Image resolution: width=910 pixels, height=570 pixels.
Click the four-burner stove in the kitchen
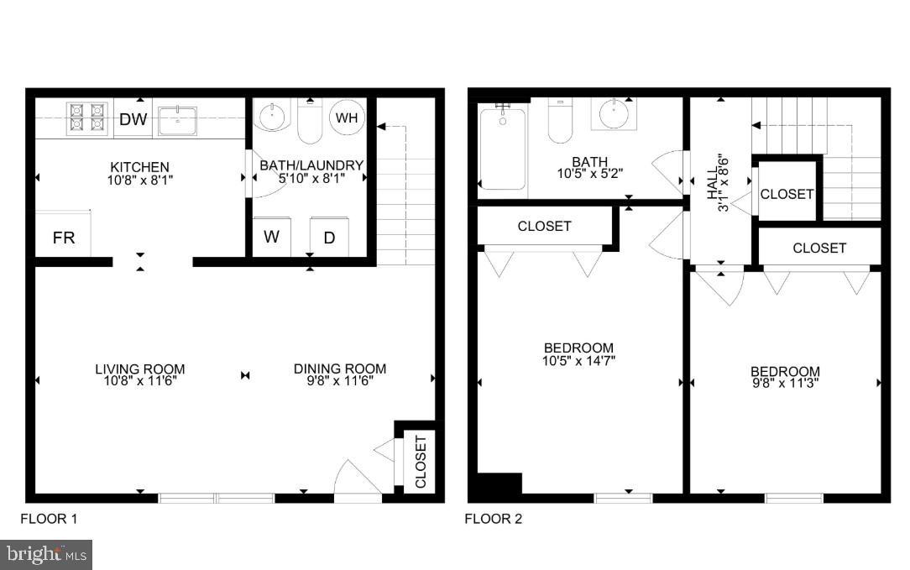tap(87, 118)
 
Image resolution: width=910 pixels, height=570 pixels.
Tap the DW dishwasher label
tap(133, 119)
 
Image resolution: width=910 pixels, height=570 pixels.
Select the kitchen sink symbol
tap(177, 120)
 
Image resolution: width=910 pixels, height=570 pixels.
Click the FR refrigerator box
tap(64, 238)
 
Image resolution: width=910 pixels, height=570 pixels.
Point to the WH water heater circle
tap(347, 118)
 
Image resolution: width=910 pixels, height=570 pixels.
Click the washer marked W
tap(271, 237)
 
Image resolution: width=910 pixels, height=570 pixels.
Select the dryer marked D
tap(329, 238)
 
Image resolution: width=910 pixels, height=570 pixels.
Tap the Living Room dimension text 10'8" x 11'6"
tap(139, 380)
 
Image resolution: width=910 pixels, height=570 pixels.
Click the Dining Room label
tap(339, 369)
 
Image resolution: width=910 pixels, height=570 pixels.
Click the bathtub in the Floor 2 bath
tap(503, 148)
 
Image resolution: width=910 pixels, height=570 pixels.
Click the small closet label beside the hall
tap(787, 194)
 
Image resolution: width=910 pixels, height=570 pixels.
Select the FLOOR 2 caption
tap(494, 519)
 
